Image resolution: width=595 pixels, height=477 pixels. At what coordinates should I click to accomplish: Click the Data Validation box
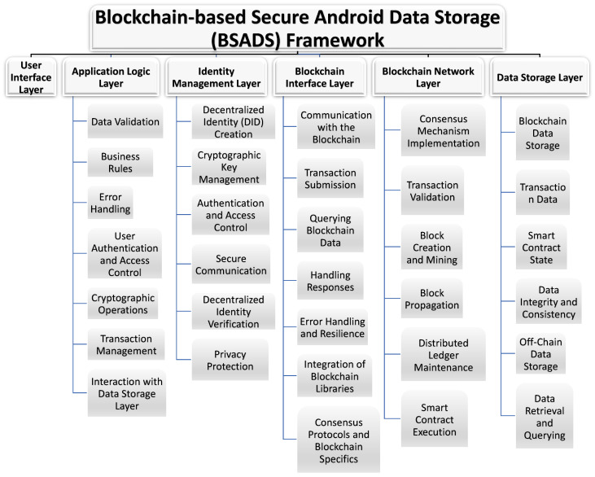[x=125, y=123]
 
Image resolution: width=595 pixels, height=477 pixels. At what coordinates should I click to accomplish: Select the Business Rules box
[x=120, y=163]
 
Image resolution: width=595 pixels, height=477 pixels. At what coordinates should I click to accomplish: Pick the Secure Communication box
[x=230, y=264]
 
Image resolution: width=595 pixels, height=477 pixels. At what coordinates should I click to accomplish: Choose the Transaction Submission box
[x=330, y=179]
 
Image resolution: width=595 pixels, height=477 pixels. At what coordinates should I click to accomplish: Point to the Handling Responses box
[x=329, y=282]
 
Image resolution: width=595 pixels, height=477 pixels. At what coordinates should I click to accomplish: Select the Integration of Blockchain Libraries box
[x=330, y=376]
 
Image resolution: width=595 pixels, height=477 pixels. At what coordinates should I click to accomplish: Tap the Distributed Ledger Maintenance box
[x=444, y=356]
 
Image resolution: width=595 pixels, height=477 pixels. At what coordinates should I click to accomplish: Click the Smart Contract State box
[x=541, y=247]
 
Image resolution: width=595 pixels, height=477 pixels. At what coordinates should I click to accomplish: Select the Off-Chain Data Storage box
[x=541, y=354]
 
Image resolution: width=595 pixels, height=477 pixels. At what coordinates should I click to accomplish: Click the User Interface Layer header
[x=29, y=77]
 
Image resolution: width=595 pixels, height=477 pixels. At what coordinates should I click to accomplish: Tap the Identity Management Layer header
[x=219, y=77]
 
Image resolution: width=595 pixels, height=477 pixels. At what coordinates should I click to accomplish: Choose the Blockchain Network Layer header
[x=429, y=77]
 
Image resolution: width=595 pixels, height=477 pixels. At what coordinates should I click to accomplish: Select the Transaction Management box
[x=126, y=344]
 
